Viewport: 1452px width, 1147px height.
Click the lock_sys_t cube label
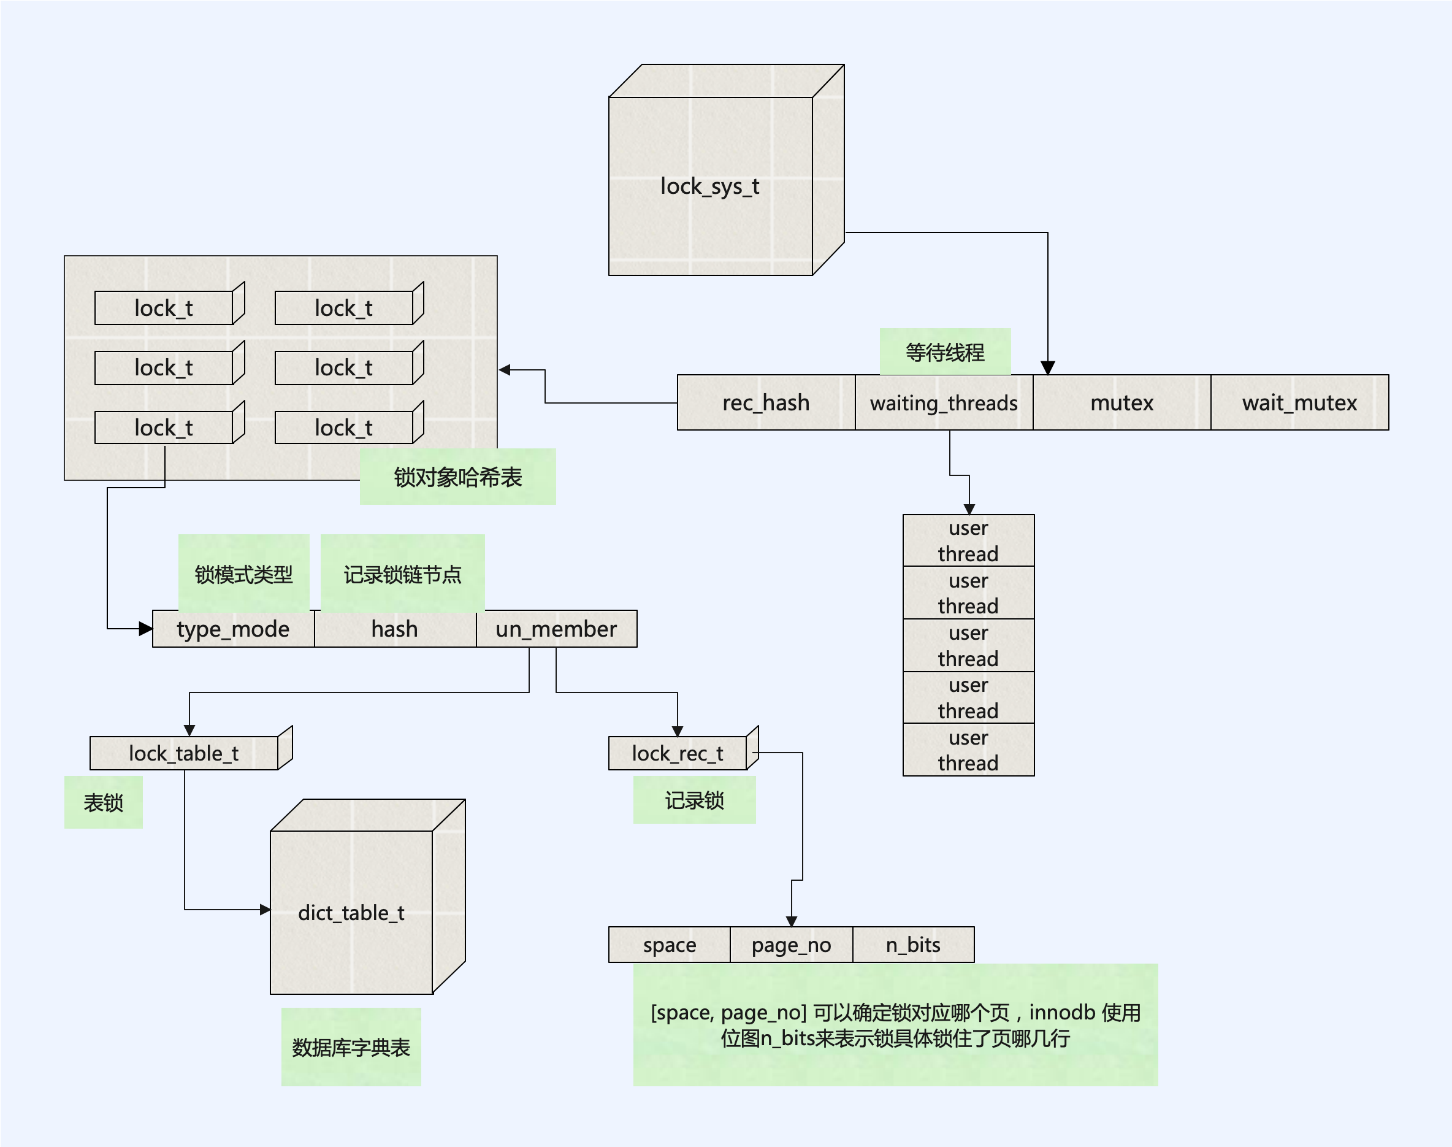[709, 186]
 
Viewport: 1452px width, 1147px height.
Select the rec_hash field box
[765, 403]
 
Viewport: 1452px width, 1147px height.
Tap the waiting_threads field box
[943, 403]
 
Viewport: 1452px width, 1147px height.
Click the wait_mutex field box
[1299, 403]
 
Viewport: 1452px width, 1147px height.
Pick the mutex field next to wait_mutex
[1121, 403]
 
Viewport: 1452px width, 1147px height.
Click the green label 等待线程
[944, 352]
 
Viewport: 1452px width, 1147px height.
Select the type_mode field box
[233, 629]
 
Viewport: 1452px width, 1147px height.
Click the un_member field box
[556, 629]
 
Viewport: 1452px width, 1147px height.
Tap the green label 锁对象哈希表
[458, 477]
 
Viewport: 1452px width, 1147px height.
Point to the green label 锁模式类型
[243, 574]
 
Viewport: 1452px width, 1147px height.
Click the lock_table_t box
[184, 753]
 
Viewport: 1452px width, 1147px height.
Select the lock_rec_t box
[677, 753]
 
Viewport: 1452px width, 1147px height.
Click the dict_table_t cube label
[351, 913]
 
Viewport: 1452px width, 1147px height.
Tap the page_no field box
[791, 945]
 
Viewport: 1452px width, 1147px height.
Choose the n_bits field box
[913, 945]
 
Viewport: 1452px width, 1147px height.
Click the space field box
[669, 945]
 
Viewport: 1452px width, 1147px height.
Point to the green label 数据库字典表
[351, 1047]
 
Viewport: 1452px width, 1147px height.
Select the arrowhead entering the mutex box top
[1048, 368]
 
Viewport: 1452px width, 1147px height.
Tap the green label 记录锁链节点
[403, 574]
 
